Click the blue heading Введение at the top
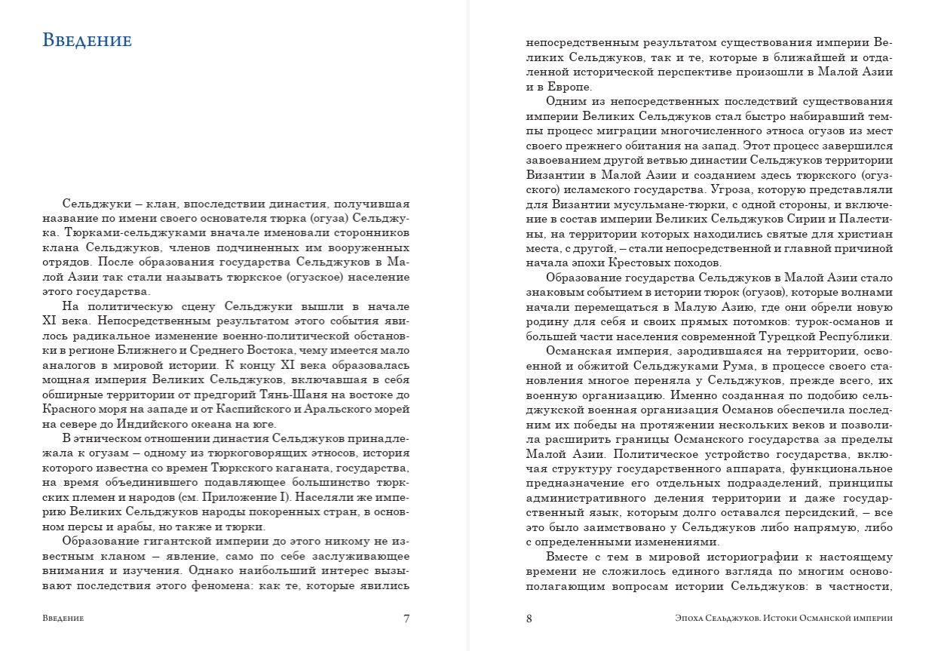pos(87,40)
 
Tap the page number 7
pos(406,619)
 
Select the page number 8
pos(529,619)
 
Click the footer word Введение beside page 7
pos(63,619)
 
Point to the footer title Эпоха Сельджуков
pos(716,619)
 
